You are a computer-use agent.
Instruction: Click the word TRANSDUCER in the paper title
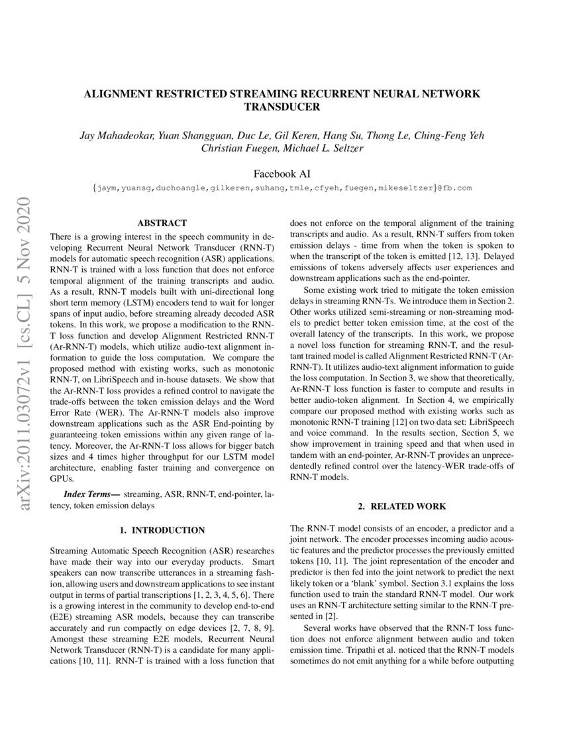(281, 106)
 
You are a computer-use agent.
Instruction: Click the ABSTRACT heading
(162, 223)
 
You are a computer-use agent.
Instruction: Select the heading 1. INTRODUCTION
(162, 530)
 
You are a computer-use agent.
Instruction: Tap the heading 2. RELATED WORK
(402, 506)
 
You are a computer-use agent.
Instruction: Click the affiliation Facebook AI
(281, 174)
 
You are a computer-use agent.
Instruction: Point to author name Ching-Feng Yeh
(457, 136)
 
